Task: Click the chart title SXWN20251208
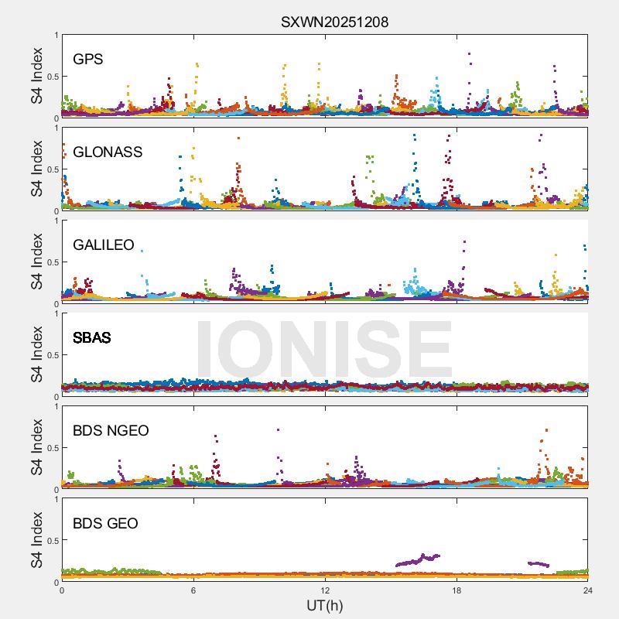pos(334,22)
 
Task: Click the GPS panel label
pos(88,60)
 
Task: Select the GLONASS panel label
pos(108,152)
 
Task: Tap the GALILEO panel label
pos(104,245)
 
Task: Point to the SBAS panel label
pos(91,338)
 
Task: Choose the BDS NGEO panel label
pos(111,431)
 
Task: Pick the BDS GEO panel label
pos(105,524)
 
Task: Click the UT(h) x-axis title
pos(325,605)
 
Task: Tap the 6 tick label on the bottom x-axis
pos(193,590)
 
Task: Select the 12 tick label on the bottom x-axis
pos(325,590)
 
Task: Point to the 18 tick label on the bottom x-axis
pos(457,590)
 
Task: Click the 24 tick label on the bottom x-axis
pos(588,590)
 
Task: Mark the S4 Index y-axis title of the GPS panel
pos(37,76)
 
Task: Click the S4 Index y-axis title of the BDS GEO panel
pos(37,540)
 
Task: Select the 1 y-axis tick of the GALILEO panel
pos(56,221)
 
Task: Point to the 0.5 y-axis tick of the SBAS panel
pos(50,355)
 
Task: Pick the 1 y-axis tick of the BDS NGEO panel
pos(56,406)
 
